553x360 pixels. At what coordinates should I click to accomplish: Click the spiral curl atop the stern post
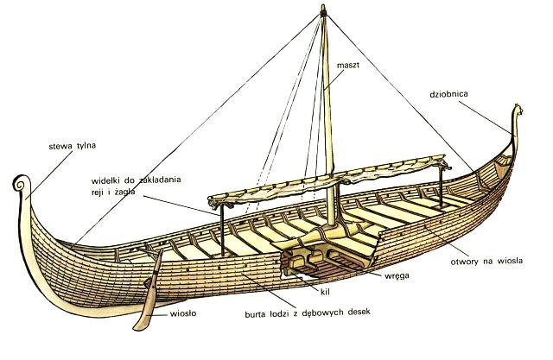point(20,183)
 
